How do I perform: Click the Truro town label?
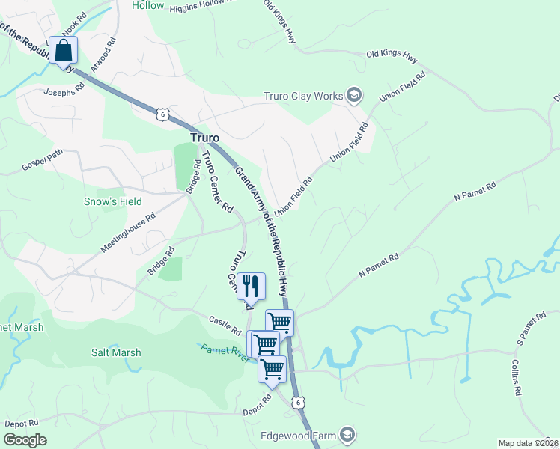(204, 138)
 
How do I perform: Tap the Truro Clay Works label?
(302, 96)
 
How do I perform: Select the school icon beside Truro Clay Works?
(354, 95)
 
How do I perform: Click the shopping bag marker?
(64, 51)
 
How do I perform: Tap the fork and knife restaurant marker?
(251, 286)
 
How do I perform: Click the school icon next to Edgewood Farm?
(347, 435)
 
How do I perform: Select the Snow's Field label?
(112, 201)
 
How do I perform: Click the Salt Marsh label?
(116, 352)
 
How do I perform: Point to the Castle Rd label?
(225, 325)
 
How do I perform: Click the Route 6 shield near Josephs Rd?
(162, 113)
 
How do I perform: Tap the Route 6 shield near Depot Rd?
(298, 402)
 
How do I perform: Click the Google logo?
(25, 440)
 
